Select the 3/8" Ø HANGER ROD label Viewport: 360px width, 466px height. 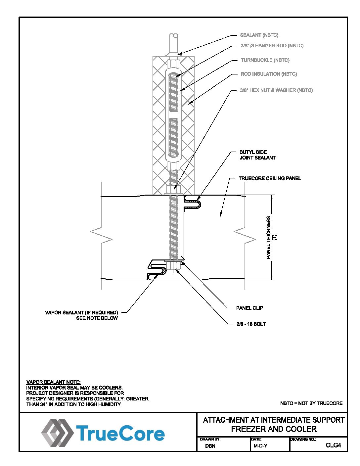click(272, 46)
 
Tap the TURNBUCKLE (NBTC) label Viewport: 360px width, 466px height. click(265, 60)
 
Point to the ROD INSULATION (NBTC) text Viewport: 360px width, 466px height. click(269, 74)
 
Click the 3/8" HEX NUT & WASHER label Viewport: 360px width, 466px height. click(276, 90)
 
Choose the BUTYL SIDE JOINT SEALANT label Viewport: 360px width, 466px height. click(257, 155)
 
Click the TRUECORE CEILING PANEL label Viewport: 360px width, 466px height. click(270, 178)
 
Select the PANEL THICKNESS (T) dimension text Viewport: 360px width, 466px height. click(271, 237)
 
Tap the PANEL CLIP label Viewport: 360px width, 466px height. click(249, 308)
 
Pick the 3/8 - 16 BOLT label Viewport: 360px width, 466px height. click(251, 324)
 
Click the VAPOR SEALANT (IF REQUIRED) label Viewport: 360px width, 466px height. click(81, 313)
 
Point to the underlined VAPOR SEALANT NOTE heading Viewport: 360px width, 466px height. click(53, 382)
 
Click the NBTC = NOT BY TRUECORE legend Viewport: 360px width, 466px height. click(311, 403)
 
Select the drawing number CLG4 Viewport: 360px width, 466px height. click(333, 445)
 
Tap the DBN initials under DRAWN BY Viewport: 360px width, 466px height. click(210, 446)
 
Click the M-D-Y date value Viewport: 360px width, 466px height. click(260, 446)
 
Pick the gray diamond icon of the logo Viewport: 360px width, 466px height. click(57, 433)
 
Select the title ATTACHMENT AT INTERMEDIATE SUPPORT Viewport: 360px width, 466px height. click(274, 420)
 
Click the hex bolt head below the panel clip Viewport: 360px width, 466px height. click(173, 266)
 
